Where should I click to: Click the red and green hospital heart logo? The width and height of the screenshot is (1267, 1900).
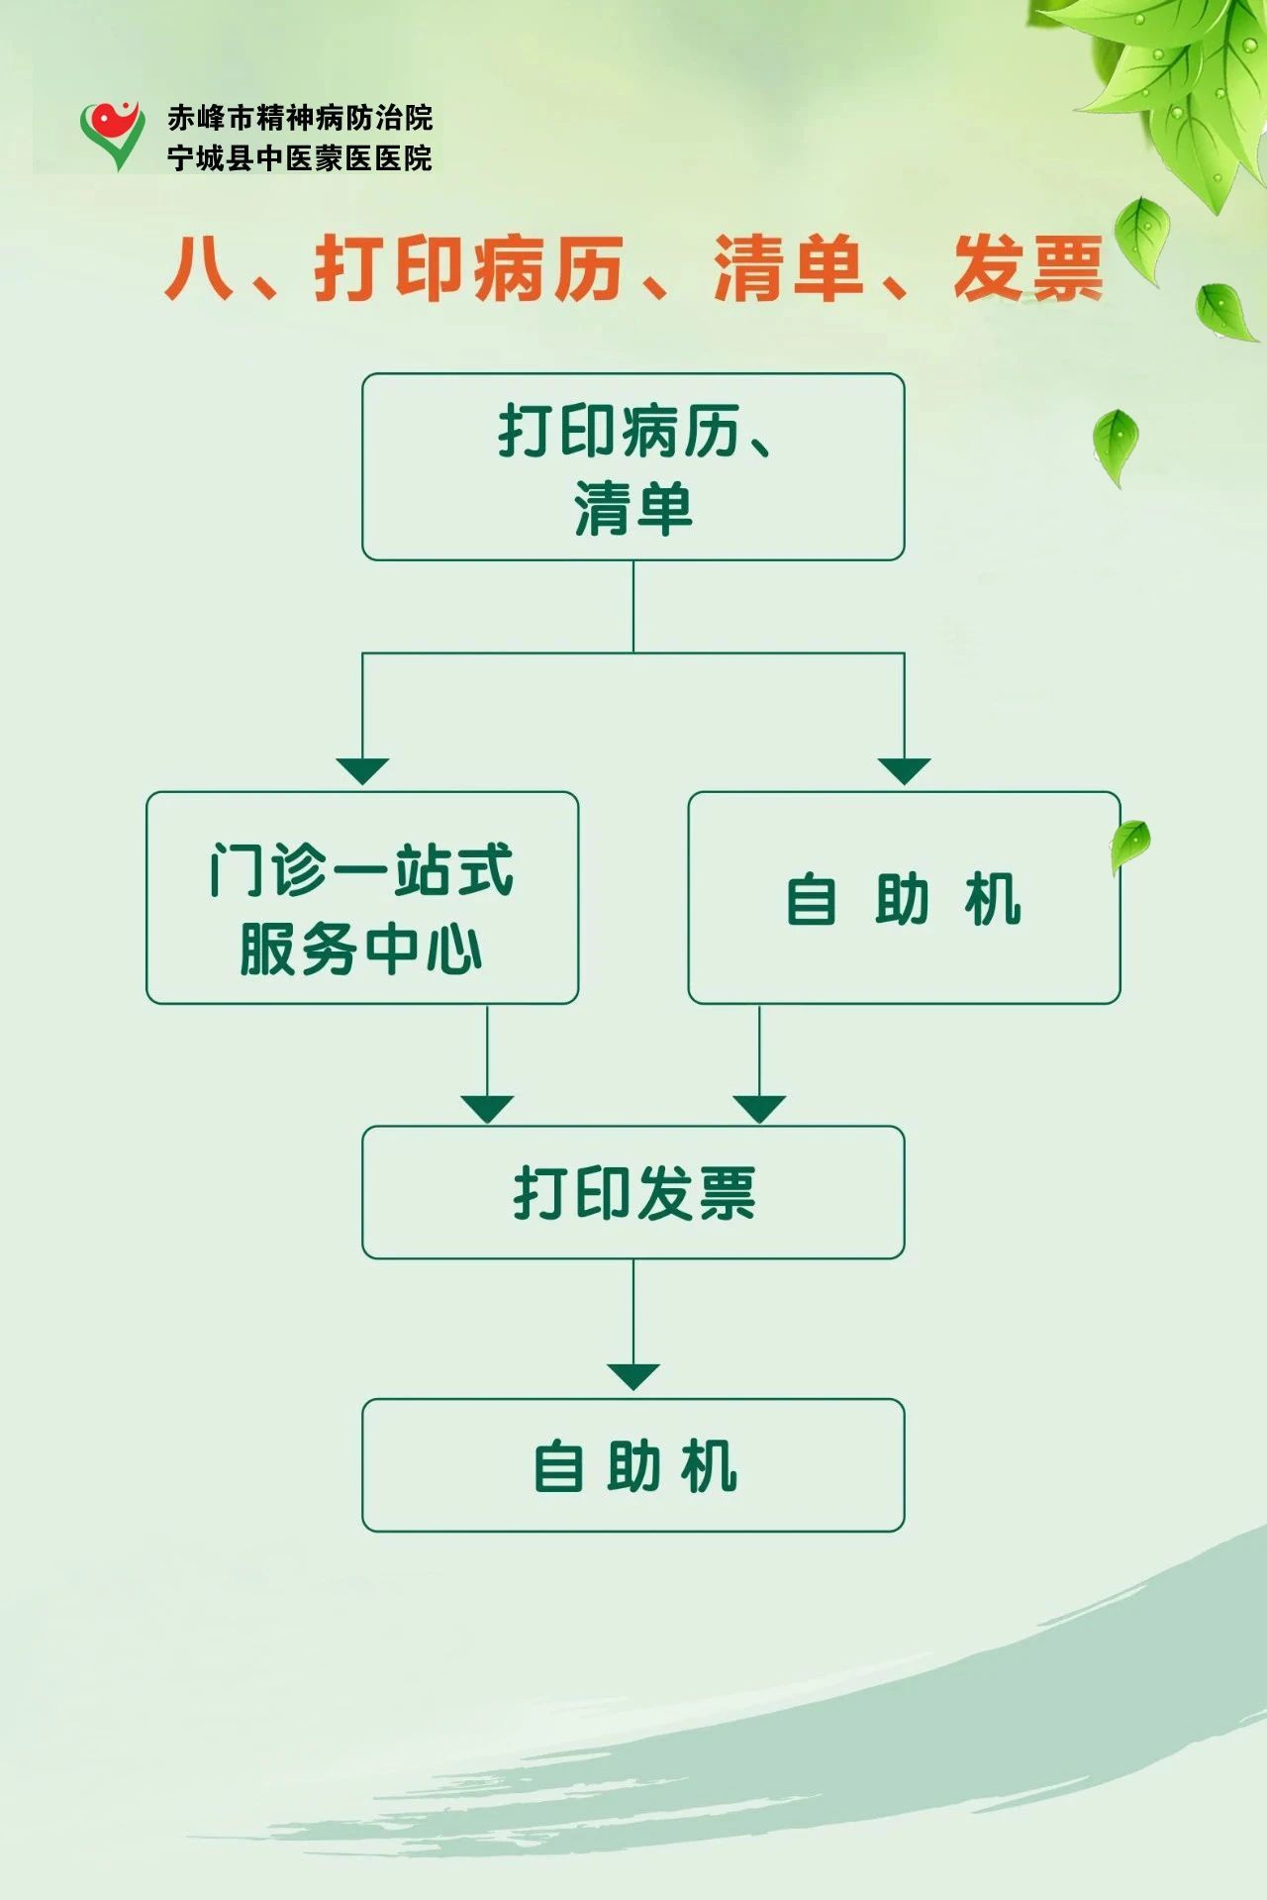(x=112, y=136)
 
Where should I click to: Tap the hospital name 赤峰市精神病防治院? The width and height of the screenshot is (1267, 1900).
(x=300, y=118)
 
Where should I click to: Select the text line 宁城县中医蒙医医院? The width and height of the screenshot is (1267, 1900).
(x=300, y=158)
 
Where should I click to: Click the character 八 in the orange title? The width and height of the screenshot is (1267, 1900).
(x=199, y=269)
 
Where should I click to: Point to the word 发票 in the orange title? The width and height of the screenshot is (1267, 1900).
(x=1027, y=269)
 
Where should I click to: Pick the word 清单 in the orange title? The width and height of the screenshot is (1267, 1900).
(x=788, y=269)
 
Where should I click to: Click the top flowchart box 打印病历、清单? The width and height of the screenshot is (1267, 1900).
(x=633, y=466)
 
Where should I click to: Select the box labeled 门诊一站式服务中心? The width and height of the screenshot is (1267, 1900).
(x=362, y=898)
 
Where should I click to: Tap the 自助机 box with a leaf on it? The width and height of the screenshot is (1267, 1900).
(x=904, y=898)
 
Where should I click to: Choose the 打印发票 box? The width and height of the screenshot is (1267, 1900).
(x=633, y=1192)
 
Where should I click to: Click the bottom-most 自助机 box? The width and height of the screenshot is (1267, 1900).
(x=633, y=1465)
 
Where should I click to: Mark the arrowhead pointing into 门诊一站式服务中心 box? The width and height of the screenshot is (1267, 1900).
(x=362, y=771)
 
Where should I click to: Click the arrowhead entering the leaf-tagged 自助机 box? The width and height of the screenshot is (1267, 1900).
(x=904, y=771)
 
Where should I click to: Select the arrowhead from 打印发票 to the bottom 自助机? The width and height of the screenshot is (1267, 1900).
(x=633, y=1376)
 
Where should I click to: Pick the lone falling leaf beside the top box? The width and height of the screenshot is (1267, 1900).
(x=1116, y=444)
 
